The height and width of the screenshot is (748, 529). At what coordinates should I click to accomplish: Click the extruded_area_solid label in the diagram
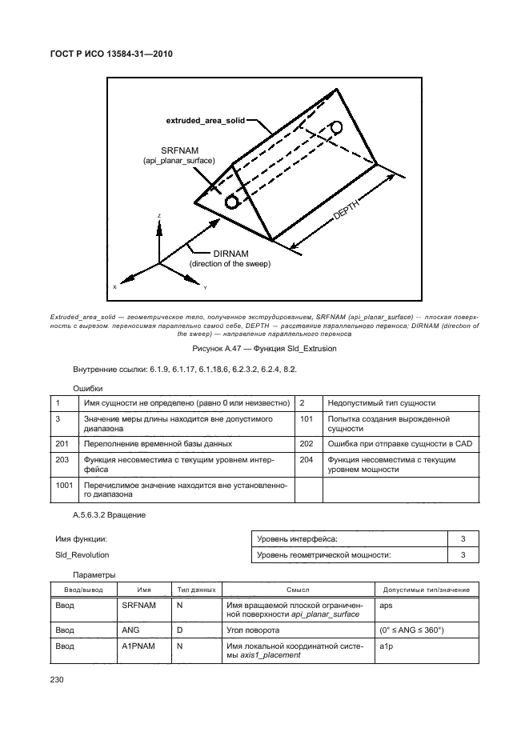[205, 120]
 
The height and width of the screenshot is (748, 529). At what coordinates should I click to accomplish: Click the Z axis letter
[159, 217]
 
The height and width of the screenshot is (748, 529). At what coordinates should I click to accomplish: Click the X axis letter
[114, 286]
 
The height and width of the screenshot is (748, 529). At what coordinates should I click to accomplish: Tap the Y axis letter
[205, 286]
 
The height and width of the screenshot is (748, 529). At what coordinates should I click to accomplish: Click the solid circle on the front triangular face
[232, 202]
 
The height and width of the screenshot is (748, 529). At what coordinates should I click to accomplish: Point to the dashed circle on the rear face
[337, 127]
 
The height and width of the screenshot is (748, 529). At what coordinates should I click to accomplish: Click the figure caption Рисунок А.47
[263, 349]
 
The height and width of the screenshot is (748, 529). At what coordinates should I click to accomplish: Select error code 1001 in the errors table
[64, 486]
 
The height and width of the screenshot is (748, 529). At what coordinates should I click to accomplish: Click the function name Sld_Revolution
[82, 554]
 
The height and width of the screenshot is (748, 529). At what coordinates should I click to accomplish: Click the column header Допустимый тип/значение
[427, 590]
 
